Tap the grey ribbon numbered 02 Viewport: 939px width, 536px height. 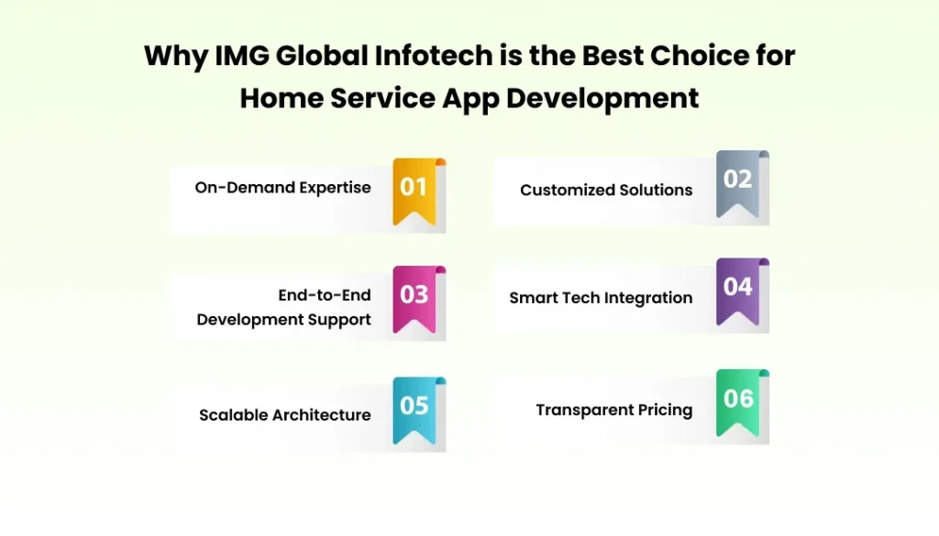pyautogui.click(x=737, y=182)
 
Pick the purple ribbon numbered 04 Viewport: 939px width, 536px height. pyautogui.click(x=737, y=289)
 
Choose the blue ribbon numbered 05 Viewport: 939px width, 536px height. pyautogui.click(x=414, y=408)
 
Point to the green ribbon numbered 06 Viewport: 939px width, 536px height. pyautogui.click(x=737, y=400)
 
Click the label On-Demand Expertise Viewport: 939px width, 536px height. pyautogui.click(x=282, y=188)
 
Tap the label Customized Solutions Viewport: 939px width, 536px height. pyautogui.click(x=606, y=191)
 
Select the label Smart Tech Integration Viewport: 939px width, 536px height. pyautogui.click(x=601, y=298)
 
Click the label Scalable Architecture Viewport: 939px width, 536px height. pyautogui.click(x=285, y=415)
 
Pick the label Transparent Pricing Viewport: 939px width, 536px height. pyautogui.click(x=613, y=410)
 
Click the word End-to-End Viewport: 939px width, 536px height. pyautogui.click(x=325, y=295)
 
